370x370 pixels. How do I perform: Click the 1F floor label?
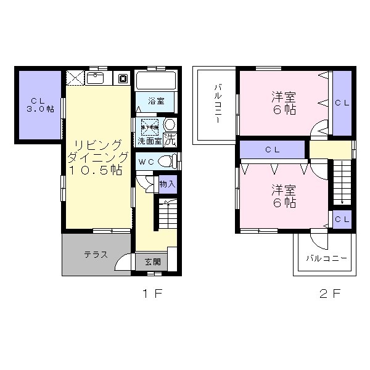[x=152, y=294]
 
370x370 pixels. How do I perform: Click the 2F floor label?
[x=331, y=294]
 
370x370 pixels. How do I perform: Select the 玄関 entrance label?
[x=153, y=261]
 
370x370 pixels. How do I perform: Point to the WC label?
[x=146, y=162]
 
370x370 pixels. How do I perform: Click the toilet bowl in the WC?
[x=165, y=161]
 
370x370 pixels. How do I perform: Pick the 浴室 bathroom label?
[x=155, y=100]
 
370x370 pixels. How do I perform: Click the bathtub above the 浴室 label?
[x=157, y=81]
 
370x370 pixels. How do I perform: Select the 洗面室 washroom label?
[x=149, y=141]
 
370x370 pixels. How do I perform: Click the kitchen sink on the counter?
[x=96, y=78]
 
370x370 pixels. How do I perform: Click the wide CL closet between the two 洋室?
[x=273, y=149]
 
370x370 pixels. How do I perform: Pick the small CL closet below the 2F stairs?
[x=342, y=220]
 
